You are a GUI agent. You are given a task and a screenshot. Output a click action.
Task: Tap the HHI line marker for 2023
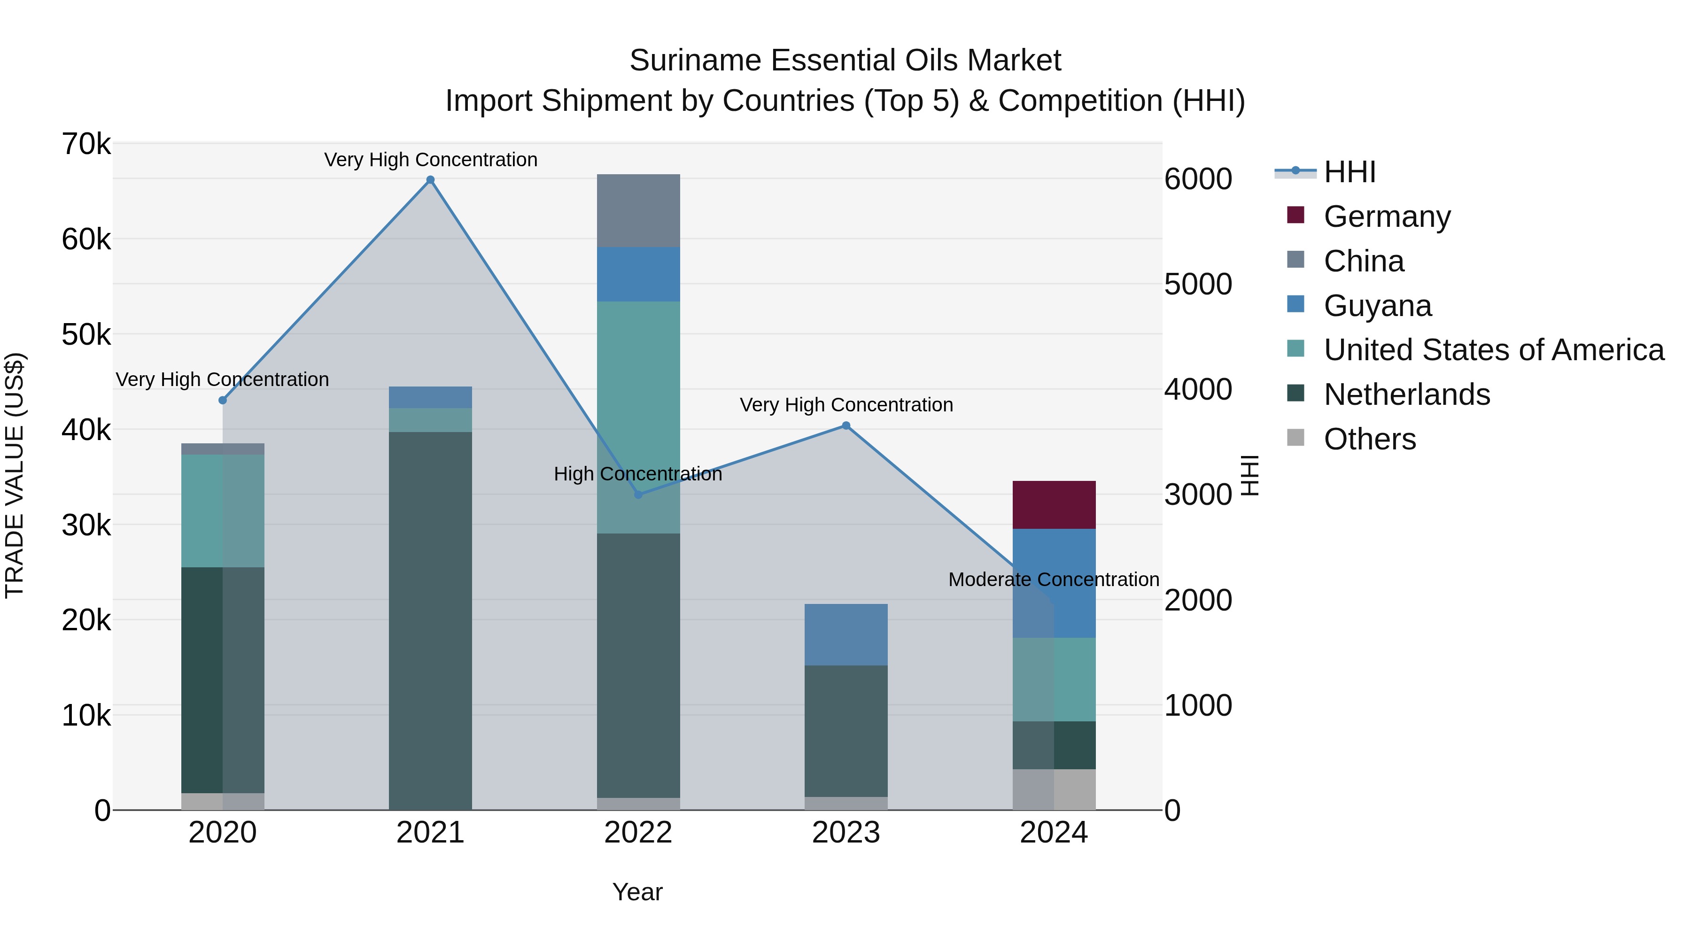846,426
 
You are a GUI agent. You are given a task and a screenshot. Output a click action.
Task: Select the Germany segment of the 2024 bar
1054,505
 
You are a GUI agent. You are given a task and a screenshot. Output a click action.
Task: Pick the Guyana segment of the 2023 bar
846,634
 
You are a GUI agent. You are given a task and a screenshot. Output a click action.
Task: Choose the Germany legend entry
1387,216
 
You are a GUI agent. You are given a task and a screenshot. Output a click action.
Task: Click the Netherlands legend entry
1406,394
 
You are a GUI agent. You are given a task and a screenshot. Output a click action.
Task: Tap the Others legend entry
1369,439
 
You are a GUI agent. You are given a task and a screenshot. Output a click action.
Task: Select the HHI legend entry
1349,172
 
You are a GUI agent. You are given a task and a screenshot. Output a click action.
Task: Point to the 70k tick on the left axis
86,144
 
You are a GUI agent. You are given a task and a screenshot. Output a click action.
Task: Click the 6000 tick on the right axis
1198,179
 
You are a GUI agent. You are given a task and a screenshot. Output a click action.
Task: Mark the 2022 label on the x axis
638,833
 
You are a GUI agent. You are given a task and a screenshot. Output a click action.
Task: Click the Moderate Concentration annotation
1054,580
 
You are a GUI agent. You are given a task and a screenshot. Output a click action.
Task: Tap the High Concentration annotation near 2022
637,474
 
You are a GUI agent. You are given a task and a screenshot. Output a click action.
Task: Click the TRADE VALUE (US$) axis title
15,475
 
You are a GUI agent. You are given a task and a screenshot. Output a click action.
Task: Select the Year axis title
637,892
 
